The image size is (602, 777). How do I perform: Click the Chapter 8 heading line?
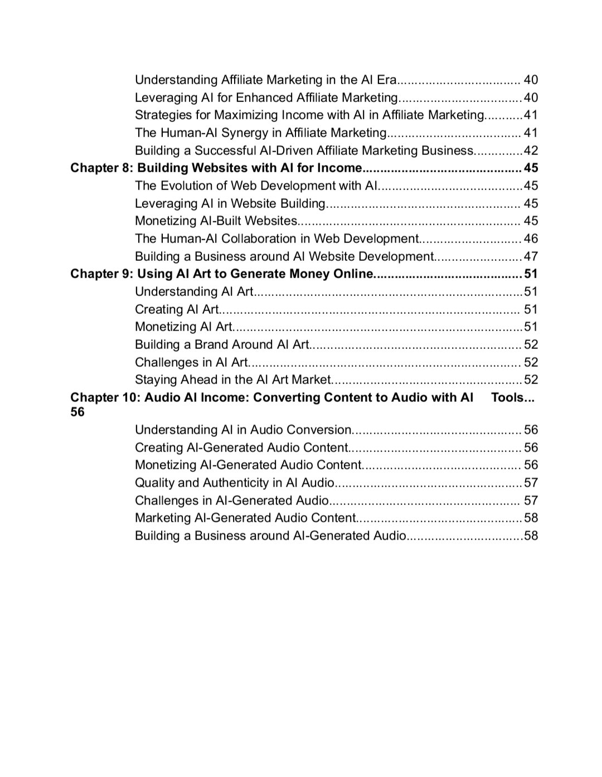216,168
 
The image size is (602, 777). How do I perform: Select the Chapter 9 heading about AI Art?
221,274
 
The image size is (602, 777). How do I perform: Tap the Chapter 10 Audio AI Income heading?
271,397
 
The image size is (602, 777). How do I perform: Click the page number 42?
531,150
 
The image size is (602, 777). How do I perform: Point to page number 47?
531,256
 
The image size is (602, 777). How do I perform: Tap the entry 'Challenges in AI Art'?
191,362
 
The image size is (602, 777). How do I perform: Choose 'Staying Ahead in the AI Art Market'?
233,380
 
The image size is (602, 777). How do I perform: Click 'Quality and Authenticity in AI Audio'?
234,483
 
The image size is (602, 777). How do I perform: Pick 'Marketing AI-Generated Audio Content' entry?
245,518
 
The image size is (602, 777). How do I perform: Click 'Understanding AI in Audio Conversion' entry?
243,430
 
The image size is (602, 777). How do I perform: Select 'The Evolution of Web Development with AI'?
256,186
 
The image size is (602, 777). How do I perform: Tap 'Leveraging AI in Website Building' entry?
230,203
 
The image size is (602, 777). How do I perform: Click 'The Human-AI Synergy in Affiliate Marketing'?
260,133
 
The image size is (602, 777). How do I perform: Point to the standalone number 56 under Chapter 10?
77,412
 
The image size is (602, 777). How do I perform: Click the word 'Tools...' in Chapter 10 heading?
512,397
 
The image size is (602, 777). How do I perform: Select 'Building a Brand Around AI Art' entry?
221,344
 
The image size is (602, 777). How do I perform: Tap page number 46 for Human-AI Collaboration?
531,239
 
